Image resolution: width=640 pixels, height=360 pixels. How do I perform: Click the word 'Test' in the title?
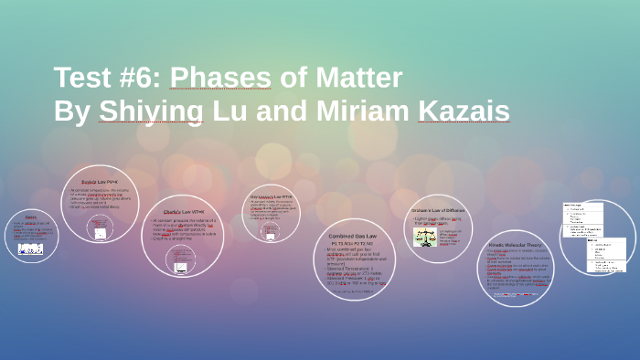[x=84, y=79]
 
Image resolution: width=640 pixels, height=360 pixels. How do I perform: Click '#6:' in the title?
[x=140, y=79]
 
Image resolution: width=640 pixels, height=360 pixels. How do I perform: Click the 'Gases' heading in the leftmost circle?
[x=31, y=217]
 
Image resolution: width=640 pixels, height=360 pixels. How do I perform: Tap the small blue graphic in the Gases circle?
[x=31, y=248]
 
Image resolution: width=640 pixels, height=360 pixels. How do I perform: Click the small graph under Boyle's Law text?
[x=100, y=233]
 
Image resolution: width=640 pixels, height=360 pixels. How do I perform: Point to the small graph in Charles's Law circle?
[x=181, y=267]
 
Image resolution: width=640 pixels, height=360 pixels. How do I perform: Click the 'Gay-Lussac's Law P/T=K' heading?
[x=271, y=196]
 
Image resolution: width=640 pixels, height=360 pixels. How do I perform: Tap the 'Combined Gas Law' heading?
[x=353, y=236]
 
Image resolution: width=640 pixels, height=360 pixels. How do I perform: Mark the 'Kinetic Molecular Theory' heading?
[x=515, y=245]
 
